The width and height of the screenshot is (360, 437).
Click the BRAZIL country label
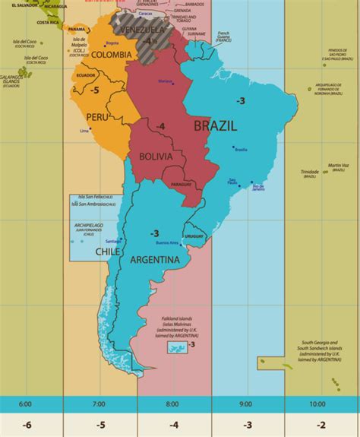click(x=215, y=126)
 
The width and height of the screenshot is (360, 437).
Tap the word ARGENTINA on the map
click(x=155, y=260)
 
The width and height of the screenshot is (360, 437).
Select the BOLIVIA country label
click(x=158, y=157)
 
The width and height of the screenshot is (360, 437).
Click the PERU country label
click(x=97, y=118)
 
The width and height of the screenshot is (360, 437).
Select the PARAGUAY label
click(x=202, y=184)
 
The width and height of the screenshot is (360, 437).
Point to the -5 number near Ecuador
click(x=96, y=90)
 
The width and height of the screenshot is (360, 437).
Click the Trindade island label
click(x=309, y=171)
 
